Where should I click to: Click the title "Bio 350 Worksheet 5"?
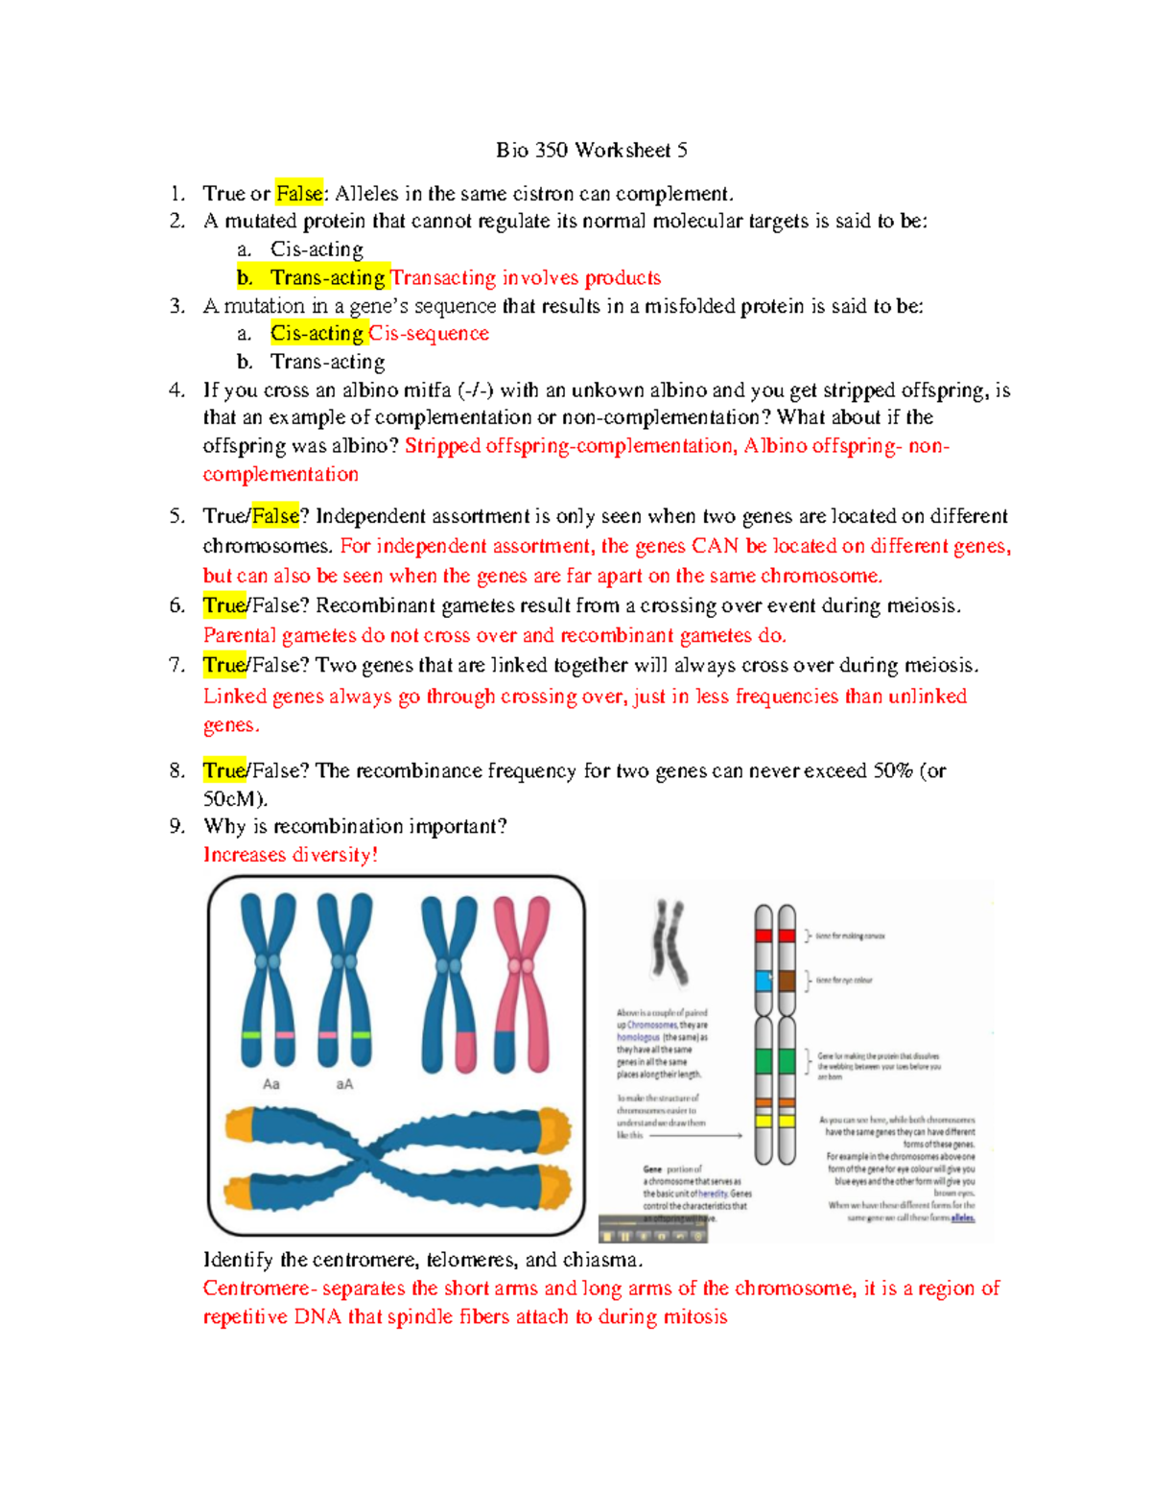tap(591, 150)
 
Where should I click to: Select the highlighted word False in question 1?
tap(298, 194)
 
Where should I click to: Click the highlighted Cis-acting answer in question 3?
tap(317, 334)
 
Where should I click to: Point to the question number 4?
tap(176, 390)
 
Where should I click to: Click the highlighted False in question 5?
tap(275, 517)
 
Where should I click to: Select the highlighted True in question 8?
tap(224, 771)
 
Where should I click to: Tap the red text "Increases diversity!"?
tap(290, 855)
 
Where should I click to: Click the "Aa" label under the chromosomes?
tap(271, 1084)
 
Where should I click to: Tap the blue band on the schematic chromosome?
tap(763, 981)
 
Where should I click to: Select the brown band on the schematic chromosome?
tap(787, 981)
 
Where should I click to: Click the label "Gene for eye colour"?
tap(844, 981)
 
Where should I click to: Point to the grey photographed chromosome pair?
tap(669, 942)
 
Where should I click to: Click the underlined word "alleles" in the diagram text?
tap(962, 1218)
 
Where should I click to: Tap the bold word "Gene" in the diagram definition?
tap(652, 1170)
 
